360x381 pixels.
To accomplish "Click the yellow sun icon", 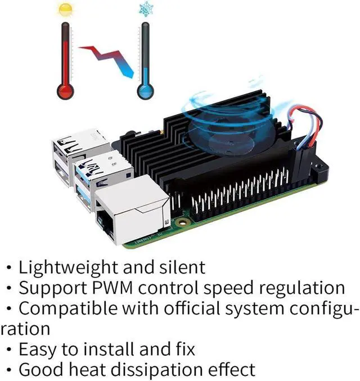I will [65, 10].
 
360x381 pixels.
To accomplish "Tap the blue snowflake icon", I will [146, 10].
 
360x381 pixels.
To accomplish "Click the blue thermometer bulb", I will [146, 91].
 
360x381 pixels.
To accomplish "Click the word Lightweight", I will [69, 266].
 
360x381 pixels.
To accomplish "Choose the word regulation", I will [304, 288].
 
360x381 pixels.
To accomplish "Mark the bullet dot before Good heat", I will [10, 370].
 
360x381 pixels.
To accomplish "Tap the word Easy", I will [37, 349].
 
